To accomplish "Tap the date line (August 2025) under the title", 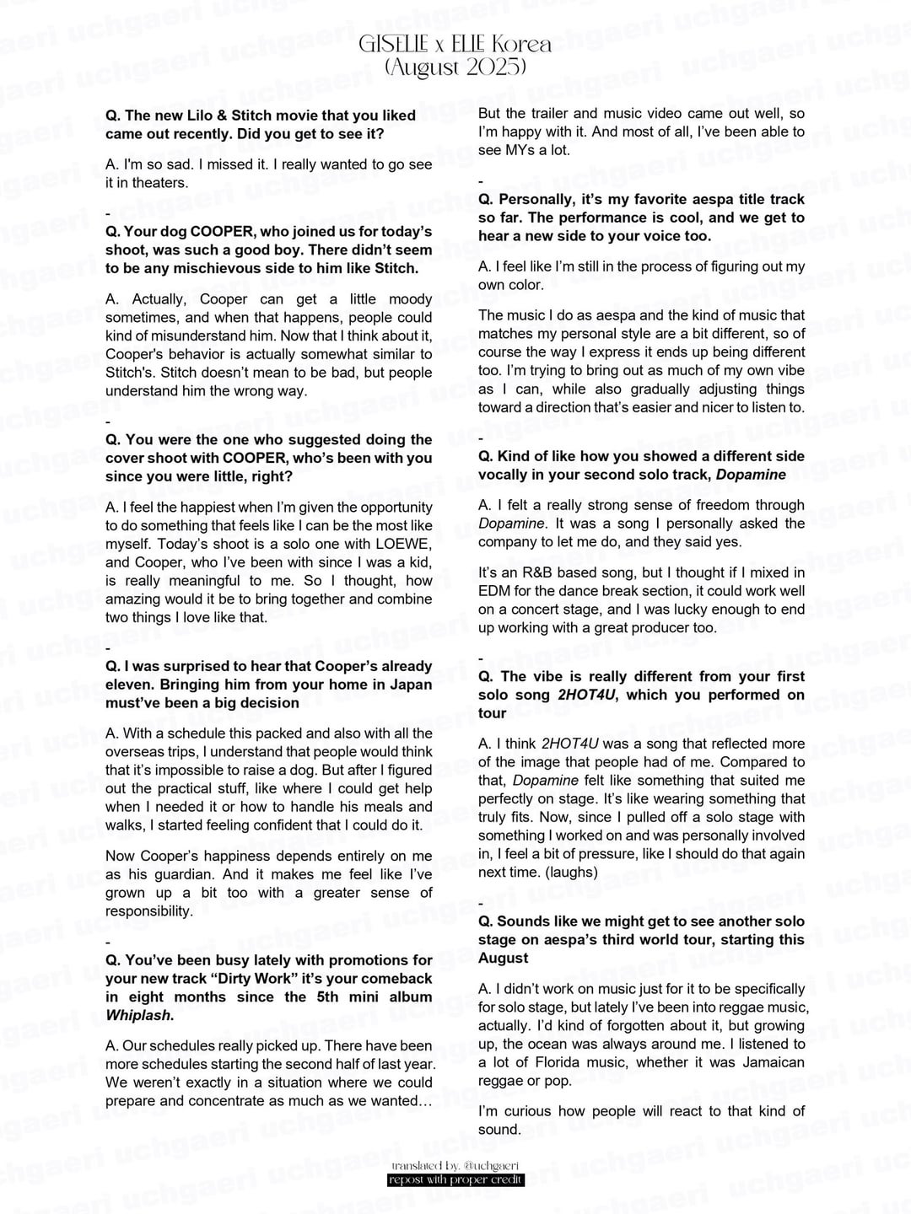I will tap(455, 67).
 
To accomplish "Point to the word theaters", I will tap(157, 182).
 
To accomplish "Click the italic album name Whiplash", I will tap(137, 1015).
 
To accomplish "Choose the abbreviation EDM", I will tap(496, 591).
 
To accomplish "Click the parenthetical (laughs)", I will tap(569, 872).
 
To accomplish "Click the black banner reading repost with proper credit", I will tap(455, 1179).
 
